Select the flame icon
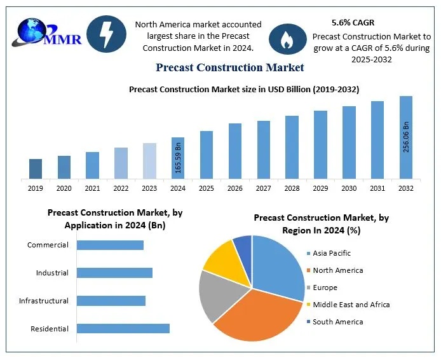(x=287, y=39)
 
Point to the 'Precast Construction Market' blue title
(x=229, y=67)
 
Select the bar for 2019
(x=36, y=169)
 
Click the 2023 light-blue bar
(x=149, y=161)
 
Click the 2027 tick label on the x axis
(x=264, y=188)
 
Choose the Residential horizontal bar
(x=123, y=328)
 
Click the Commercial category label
(x=48, y=245)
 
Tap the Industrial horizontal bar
(x=114, y=273)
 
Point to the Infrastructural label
(x=44, y=301)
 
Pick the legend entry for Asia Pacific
(x=331, y=253)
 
